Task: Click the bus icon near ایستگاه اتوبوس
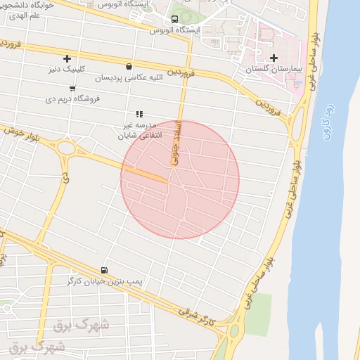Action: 174,19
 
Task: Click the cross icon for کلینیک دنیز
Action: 67,58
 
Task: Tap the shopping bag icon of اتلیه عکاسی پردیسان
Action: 128,67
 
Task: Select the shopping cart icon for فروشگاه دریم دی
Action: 72,89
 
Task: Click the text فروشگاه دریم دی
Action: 74,99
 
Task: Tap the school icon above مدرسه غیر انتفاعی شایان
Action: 139,113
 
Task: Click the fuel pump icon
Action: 105,269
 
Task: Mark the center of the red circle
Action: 180,180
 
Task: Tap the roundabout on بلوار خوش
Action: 67,148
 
